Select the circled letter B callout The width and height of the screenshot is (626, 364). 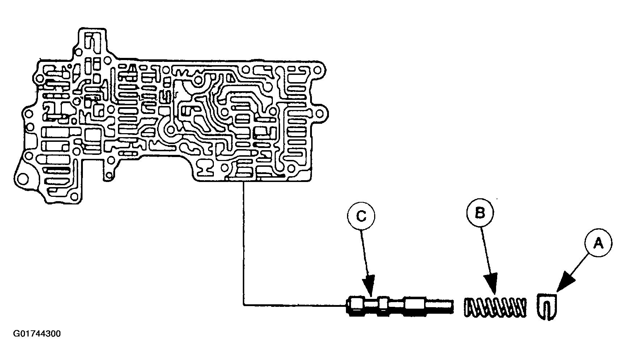480,213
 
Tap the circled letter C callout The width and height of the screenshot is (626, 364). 361,216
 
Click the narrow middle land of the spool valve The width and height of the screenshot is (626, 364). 383,305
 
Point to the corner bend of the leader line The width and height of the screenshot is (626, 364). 244,305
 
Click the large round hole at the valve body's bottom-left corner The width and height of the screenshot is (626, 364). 23,179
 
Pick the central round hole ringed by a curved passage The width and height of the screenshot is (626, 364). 169,128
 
